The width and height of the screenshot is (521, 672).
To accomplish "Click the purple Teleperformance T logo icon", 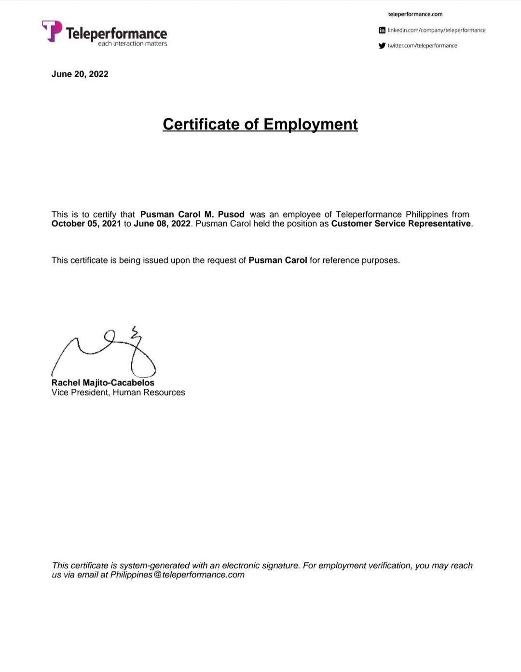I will coord(52,31).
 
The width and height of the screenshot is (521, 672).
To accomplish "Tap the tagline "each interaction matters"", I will coord(132,44).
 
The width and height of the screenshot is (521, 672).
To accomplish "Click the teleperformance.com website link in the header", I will coord(415,14).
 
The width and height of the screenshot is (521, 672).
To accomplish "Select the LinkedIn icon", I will coord(382,30).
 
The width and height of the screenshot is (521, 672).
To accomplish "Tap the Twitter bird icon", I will coord(382,45).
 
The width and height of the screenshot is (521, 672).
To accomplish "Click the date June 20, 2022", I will coord(80,74).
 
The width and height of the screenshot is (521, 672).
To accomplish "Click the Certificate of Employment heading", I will coord(260,124).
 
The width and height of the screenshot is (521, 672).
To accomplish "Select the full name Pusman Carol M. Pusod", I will coord(192,214).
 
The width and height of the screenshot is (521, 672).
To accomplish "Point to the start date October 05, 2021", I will coord(86,223).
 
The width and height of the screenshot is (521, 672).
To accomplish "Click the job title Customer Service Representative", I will coord(400,223).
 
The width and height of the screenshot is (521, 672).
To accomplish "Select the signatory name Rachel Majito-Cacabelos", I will coord(103,383).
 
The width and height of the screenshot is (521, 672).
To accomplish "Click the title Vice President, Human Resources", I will coord(118,392).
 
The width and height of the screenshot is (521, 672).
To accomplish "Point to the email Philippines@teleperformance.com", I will coord(177,575).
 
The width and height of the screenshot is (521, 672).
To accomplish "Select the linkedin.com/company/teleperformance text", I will coord(437,30).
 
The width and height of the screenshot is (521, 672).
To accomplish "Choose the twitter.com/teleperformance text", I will coord(422,45).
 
